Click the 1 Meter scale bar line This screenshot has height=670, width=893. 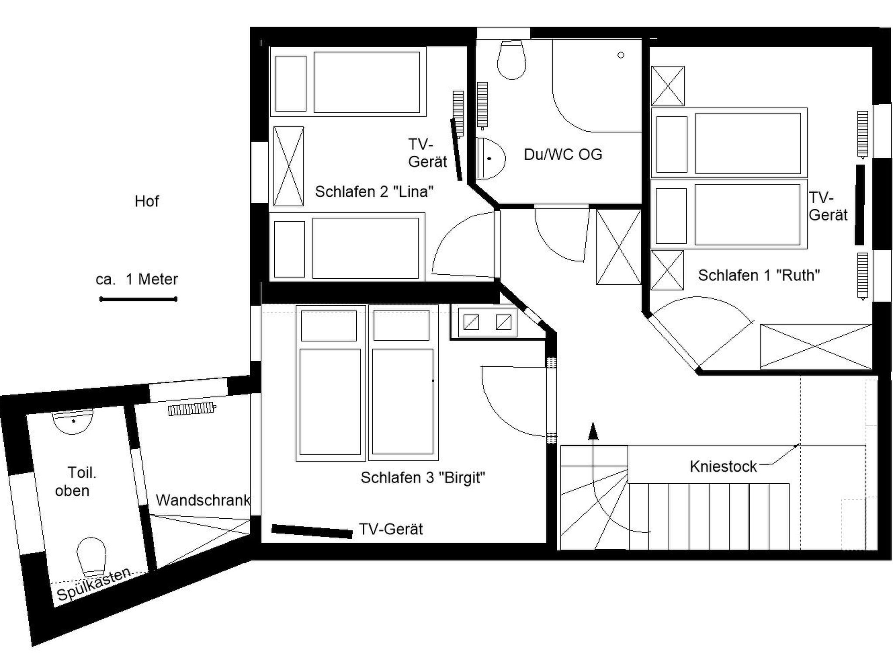pyautogui.click(x=138, y=299)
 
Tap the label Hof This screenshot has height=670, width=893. pyautogui.click(x=147, y=201)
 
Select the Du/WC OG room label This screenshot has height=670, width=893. pyautogui.click(x=562, y=154)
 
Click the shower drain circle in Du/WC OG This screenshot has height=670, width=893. pyautogui.click(x=621, y=55)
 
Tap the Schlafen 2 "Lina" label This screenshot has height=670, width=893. pyautogui.click(x=374, y=191)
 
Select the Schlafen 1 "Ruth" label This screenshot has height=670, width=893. pyautogui.click(x=759, y=275)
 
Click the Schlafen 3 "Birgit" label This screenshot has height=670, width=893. pyautogui.click(x=423, y=478)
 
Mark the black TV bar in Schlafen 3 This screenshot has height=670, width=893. pyautogui.click(x=312, y=531)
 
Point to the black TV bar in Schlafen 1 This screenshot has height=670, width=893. pyautogui.click(x=859, y=204)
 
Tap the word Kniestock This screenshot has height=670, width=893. pyautogui.click(x=723, y=467)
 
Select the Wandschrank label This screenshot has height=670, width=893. pyautogui.click(x=203, y=500)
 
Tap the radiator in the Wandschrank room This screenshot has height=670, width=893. pyautogui.click(x=192, y=409)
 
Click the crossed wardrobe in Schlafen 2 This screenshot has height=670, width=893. pyautogui.click(x=288, y=166)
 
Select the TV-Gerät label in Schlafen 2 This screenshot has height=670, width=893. pyautogui.click(x=427, y=153)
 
